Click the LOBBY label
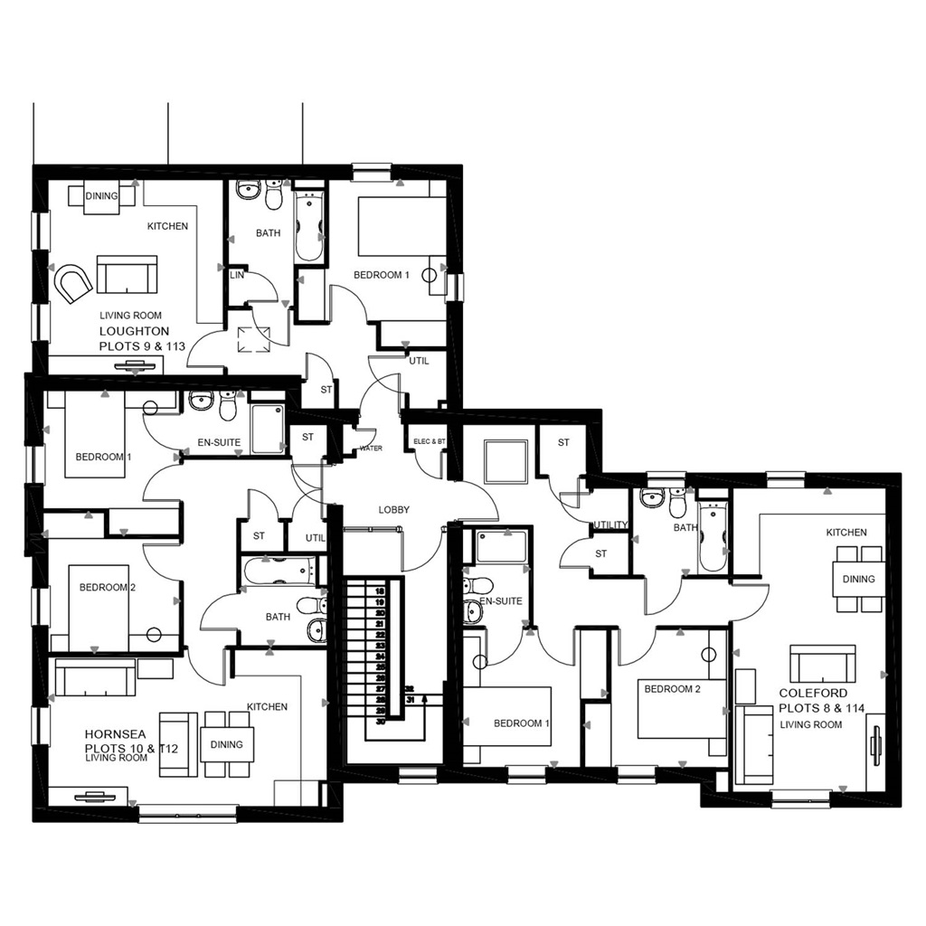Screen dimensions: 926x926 click(x=393, y=510)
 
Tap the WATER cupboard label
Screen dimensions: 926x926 click(x=371, y=449)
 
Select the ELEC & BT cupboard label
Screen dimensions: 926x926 click(x=429, y=441)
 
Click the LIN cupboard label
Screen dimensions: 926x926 click(x=238, y=275)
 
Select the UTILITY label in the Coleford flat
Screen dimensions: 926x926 click(x=610, y=525)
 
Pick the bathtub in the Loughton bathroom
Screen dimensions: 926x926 click(x=309, y=225)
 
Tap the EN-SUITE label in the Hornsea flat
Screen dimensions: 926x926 click(x=219, y=443)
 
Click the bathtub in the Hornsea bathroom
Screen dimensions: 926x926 click(x=278, y=571)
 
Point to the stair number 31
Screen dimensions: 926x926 click(x=411, y=699)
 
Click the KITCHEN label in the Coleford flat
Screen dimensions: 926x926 click(x=846, y=533)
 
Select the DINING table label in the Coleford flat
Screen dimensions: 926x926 click(x=858, y=579)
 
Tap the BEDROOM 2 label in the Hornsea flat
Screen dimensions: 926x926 click(x=107, y=587)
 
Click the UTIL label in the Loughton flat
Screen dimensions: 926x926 click(x=419, y=361)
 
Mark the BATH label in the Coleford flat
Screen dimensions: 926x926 click(x=685, y=527)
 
